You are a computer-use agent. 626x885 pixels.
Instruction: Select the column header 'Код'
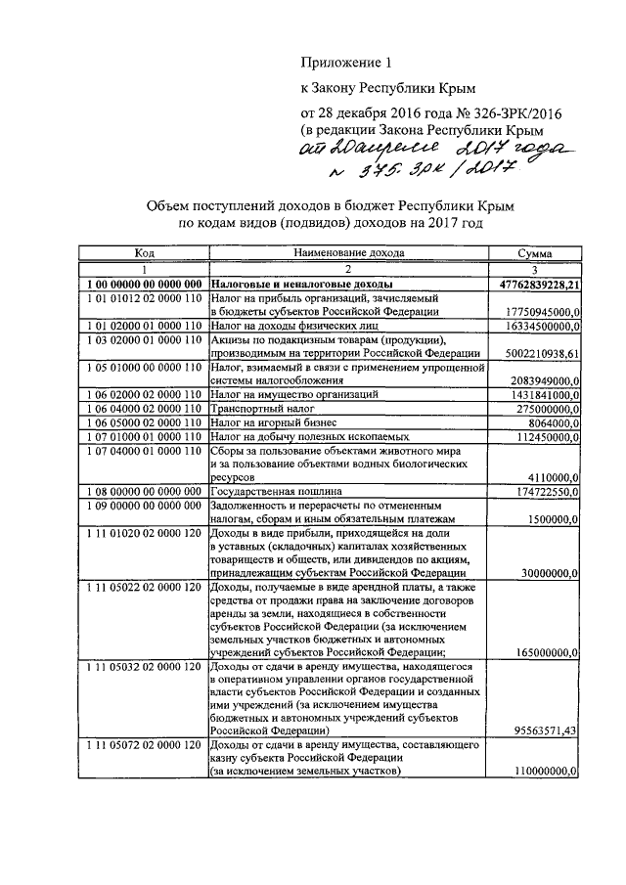click(144, 252)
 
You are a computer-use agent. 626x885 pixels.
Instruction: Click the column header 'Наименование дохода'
click(347, 252)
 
